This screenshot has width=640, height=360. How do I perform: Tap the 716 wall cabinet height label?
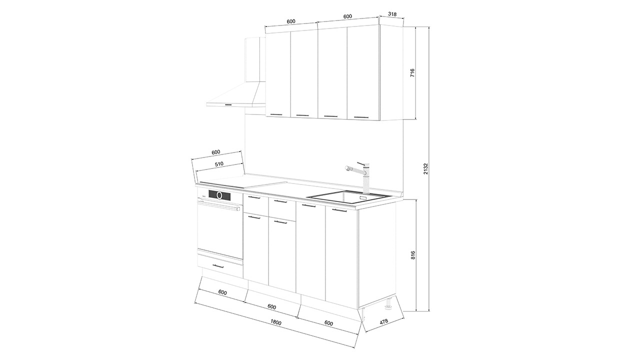point(412,73)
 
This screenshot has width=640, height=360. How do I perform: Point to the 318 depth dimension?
point(392,14)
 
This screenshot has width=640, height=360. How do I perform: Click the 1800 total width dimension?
point(276,322)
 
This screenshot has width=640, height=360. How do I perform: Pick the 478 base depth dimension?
point(384,321)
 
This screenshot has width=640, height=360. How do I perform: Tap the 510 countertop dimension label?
point(219,164)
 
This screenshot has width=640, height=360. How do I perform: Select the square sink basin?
point(349,196)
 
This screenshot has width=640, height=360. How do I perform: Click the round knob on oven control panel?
point(219,195)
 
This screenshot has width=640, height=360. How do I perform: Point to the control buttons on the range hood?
point(228,104)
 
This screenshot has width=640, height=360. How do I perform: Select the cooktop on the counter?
point(243,185)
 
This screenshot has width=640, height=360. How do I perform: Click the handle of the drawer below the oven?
point(218,266)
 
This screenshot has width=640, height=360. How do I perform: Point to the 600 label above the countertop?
point(215,152)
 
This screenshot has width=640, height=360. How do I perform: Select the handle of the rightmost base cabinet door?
point(339,210)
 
